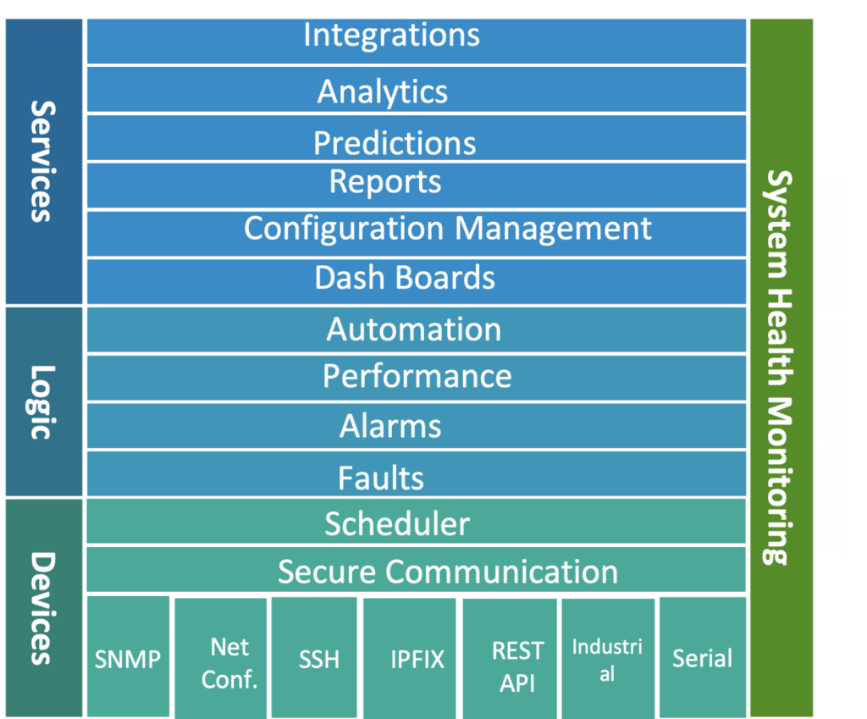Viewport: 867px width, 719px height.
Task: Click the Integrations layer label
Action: click(391, 36)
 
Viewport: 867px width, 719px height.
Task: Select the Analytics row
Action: click(383, 91)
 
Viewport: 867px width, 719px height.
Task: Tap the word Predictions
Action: click(395, 142)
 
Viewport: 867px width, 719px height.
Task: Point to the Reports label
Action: click(385, 182)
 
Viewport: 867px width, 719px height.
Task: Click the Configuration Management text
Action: click(448, 229)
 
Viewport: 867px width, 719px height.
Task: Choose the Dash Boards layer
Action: click(405, 278)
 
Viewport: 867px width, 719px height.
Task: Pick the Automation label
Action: click(414, 329)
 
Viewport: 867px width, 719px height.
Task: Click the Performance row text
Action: click(417, 376)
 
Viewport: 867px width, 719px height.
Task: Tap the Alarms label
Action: click(390, 425)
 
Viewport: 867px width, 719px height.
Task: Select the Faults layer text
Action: click(381, 478)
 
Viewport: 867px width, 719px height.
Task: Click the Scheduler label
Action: click(397, 524)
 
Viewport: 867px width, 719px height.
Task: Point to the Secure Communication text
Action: click(448, 572)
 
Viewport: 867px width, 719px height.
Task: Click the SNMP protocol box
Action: click(128, 659)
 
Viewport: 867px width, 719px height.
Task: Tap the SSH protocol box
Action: click(319, 659)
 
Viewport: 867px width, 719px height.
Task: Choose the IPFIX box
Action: click(417, 659)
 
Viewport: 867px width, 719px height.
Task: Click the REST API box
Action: click(517, 666)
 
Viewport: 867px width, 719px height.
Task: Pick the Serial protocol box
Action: click(702, 658)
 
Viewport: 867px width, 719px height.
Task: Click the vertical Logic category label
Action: click(42, 401)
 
